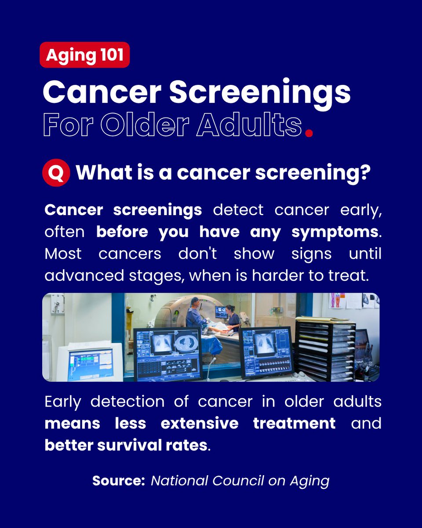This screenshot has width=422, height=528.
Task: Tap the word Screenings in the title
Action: point(260,92)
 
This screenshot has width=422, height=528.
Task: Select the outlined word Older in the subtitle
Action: point(147,125)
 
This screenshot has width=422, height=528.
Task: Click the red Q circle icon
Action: point(56,172)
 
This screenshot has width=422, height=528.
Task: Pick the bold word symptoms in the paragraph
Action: point(335,231)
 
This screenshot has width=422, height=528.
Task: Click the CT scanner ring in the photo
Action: point(174,312)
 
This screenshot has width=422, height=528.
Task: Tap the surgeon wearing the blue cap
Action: point(196,315)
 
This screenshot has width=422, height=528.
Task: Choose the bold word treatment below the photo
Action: point(294,423)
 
